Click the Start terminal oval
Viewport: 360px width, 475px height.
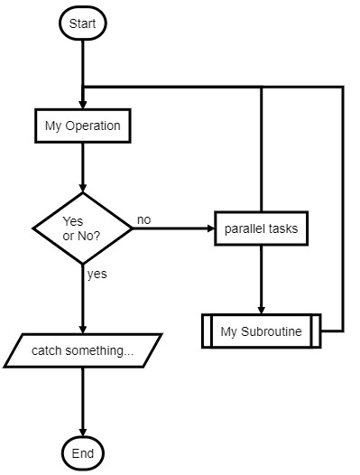click(82, 23)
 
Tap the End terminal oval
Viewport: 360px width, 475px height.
click(82, 453)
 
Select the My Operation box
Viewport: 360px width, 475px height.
click(82, 126)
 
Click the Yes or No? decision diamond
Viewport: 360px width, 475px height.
click(82, 228)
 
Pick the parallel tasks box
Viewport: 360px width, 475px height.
click(261, 228)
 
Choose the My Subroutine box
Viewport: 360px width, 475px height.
click(261, 331)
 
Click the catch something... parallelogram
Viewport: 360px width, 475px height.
click(82, 350)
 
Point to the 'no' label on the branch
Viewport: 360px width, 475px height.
click(143, 219)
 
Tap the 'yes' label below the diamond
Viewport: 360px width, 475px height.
click(97, 275)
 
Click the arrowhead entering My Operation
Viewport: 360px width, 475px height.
click(82, 104)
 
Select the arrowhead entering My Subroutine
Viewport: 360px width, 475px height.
click(261, 309)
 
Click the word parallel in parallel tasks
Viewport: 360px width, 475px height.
click(245, 228)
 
